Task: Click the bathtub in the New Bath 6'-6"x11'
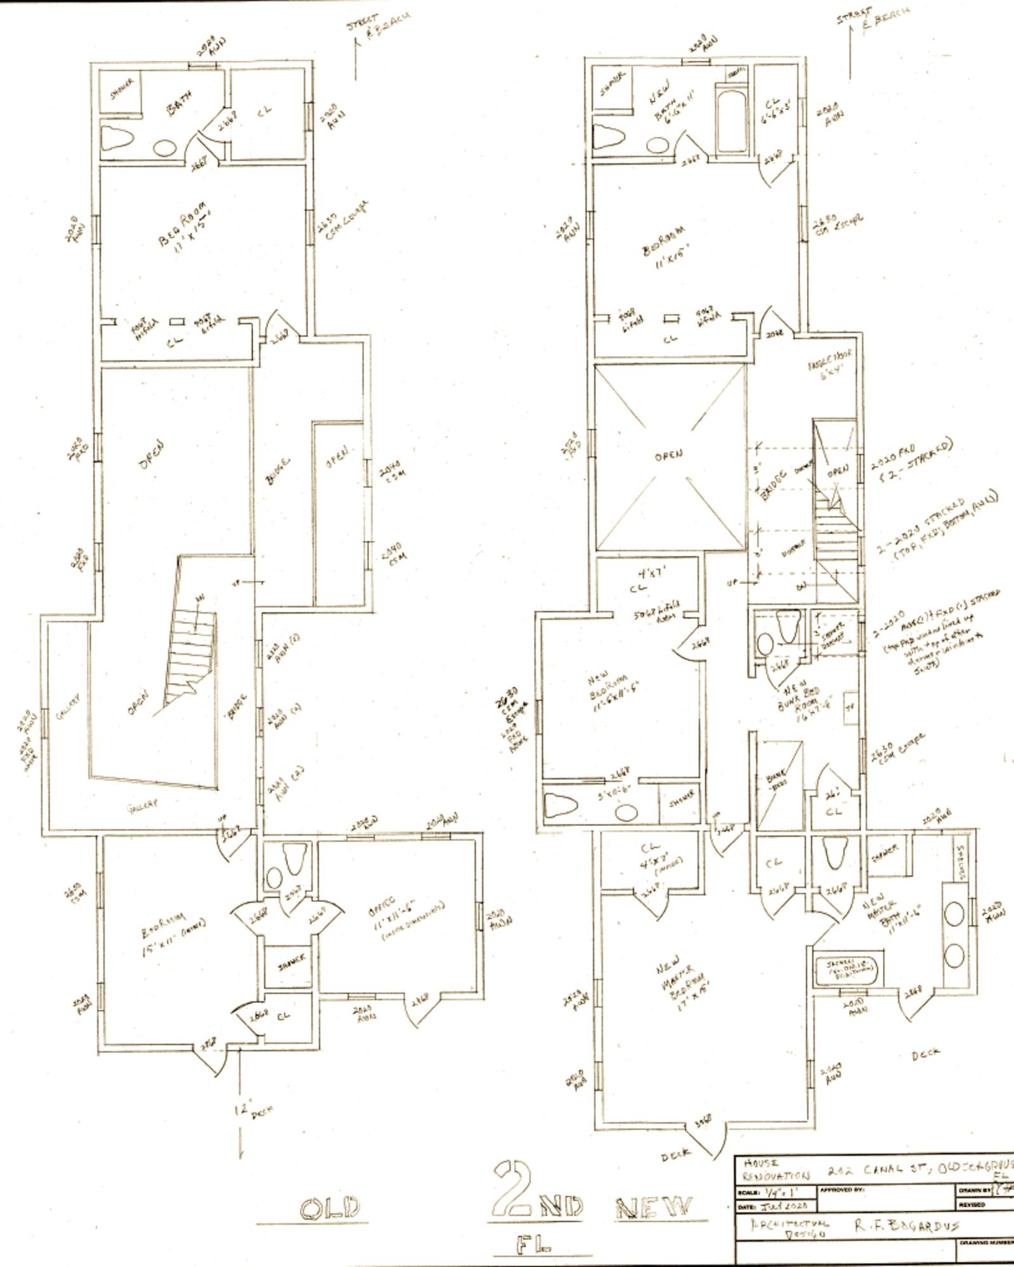(x=732, y=121)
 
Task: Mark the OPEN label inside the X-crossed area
(x=669, y=454)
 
